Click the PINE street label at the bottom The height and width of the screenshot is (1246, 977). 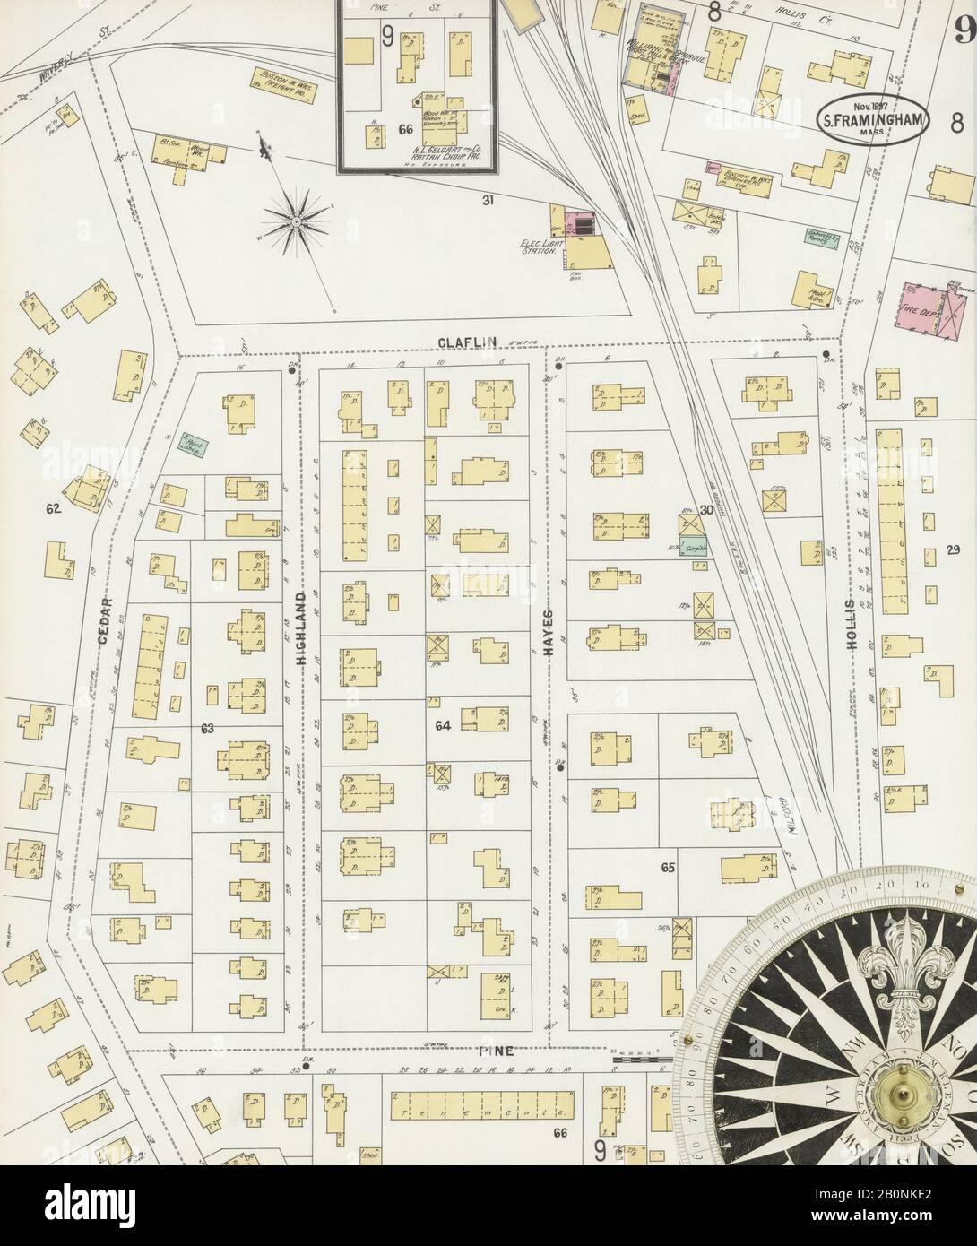coord(501,1051)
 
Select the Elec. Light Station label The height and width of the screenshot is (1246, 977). coord(540,247)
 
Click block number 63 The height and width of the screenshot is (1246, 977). coord(207,729)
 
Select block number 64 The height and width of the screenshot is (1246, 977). coord(441,724)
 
